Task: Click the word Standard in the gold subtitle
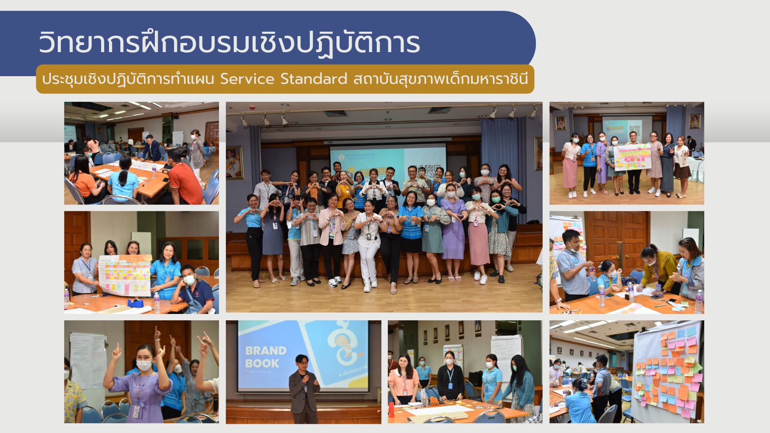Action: pos(314,79)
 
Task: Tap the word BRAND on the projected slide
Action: pos(265,351)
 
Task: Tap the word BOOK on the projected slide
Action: pos(262,364)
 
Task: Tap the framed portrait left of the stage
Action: pos(235,162)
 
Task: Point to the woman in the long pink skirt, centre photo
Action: pos(478,237)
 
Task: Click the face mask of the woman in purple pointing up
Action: pos(143,365)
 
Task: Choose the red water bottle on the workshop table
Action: pos(391,409)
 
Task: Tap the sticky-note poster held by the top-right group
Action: pos(632,157)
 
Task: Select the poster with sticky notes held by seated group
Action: pos(125,275)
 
